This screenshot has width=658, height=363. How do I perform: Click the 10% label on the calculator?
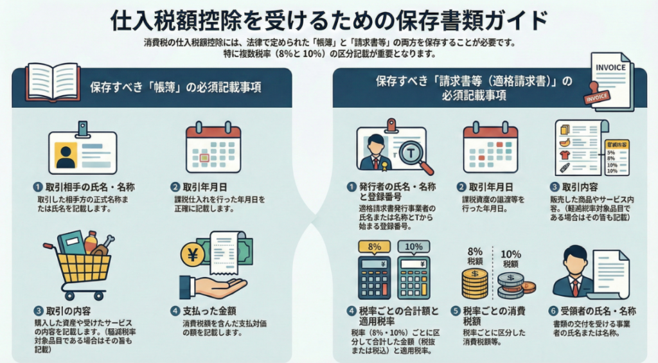click(x=414, y=245)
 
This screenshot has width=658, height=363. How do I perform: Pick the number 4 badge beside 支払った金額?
click(x=175, y=310)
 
